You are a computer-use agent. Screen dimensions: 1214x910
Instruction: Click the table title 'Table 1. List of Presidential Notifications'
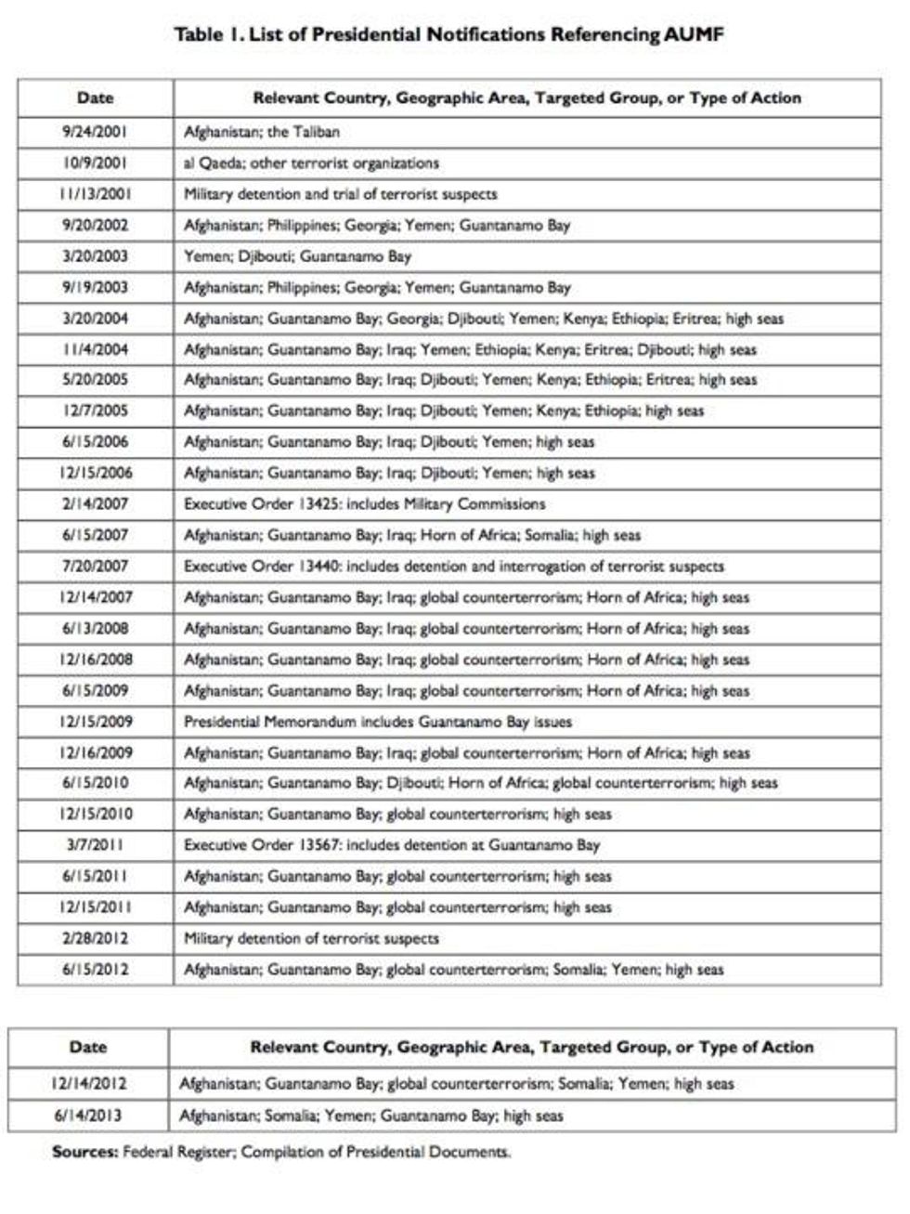coord(448,35)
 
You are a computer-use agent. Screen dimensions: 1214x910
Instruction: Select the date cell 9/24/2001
coord(95,132)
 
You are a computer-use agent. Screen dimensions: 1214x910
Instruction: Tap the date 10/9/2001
coord(95,163)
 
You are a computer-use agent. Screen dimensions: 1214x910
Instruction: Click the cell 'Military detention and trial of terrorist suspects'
coord(340,194)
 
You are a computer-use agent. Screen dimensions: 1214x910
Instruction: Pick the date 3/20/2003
coord(95,255)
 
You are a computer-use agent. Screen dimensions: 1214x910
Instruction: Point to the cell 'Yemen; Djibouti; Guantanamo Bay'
coord(297,255)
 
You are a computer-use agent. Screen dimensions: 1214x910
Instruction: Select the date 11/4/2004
coord(95,349)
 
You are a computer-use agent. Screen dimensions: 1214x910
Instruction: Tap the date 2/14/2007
coord(95,504)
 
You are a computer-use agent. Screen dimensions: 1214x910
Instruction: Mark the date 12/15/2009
coord(95,722)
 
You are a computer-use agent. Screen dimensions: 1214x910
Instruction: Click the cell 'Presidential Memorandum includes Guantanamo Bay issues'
coord(377,722)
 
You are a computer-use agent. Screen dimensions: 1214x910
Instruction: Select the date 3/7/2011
coord(95,845)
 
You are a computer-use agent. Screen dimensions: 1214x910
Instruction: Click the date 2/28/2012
coord(95,938)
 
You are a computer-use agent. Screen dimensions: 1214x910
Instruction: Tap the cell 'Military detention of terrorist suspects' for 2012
coord(311,938)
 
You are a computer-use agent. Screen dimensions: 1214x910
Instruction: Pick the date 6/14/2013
coord(87,1116)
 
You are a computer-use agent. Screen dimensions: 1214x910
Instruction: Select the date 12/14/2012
coord(87,1084)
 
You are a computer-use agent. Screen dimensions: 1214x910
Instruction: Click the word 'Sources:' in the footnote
coord(84,1152)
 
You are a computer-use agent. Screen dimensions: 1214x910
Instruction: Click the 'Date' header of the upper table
coord(95,98)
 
